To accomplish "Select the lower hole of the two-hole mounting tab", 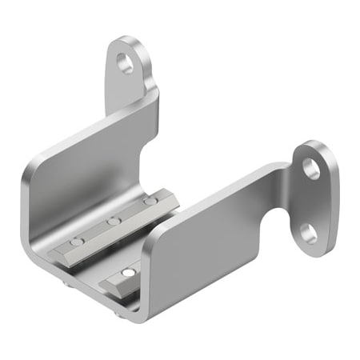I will (307, 233).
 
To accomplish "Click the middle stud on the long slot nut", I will (114, 221).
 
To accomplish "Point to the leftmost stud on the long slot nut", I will (75, 241).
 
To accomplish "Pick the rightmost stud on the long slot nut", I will (150, 202).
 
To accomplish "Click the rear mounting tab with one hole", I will (130, 68).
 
